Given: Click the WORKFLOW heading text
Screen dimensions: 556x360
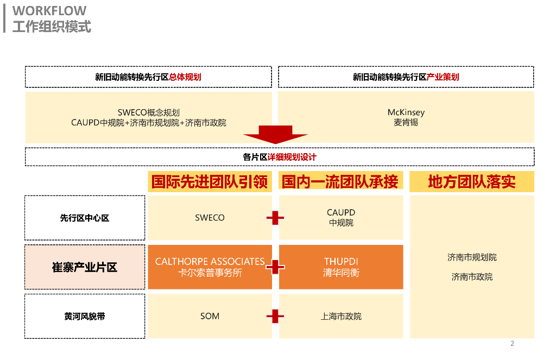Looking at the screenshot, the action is click(49, 11).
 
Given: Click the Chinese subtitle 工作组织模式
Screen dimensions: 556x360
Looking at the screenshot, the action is click(52, 26).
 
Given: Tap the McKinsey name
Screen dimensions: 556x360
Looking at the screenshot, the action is click(406, 112).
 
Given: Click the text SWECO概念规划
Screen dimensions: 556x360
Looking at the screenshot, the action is click(148, 113).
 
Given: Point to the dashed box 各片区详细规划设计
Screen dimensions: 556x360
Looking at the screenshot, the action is click(279, 157).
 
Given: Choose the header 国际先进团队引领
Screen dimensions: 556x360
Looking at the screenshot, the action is click(210, 181).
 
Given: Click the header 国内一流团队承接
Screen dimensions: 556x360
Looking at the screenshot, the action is click(340, 181).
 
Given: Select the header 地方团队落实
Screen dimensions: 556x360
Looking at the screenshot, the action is click(471, 181).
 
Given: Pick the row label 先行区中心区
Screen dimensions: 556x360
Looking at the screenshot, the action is click(85, 218).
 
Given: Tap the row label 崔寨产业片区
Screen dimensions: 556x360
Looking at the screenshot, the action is click(85, 267).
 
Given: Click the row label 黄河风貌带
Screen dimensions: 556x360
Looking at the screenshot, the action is click(85, 316).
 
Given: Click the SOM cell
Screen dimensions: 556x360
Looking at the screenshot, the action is click(210, 316).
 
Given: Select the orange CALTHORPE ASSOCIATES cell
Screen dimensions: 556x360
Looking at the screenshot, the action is click(210, 267).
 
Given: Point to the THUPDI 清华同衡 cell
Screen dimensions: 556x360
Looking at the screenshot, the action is click(341, 267).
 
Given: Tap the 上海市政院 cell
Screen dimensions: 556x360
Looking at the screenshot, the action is click(341, 316).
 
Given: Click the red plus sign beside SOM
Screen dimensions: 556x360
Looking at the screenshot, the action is click(275, 316).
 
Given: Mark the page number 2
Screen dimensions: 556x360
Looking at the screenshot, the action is click(512, 344).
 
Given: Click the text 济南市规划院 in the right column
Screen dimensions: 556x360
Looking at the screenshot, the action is click(472, 257).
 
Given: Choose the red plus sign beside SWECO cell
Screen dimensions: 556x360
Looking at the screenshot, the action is click(275, 218).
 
